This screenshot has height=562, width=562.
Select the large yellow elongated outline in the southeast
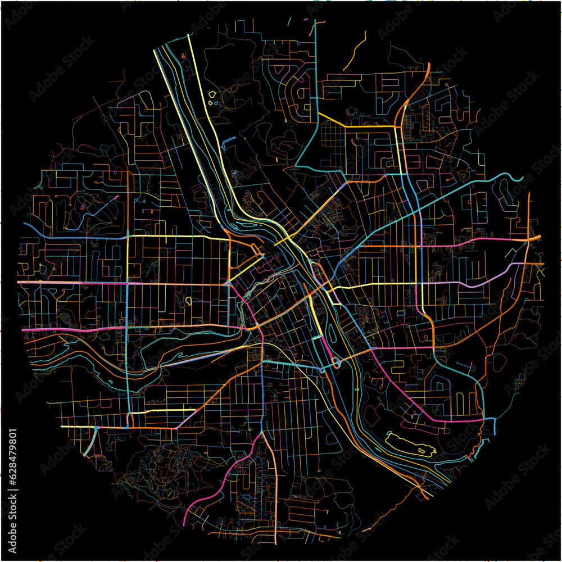(x=411, y=442)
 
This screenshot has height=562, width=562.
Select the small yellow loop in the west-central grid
(x=188, y=301)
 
